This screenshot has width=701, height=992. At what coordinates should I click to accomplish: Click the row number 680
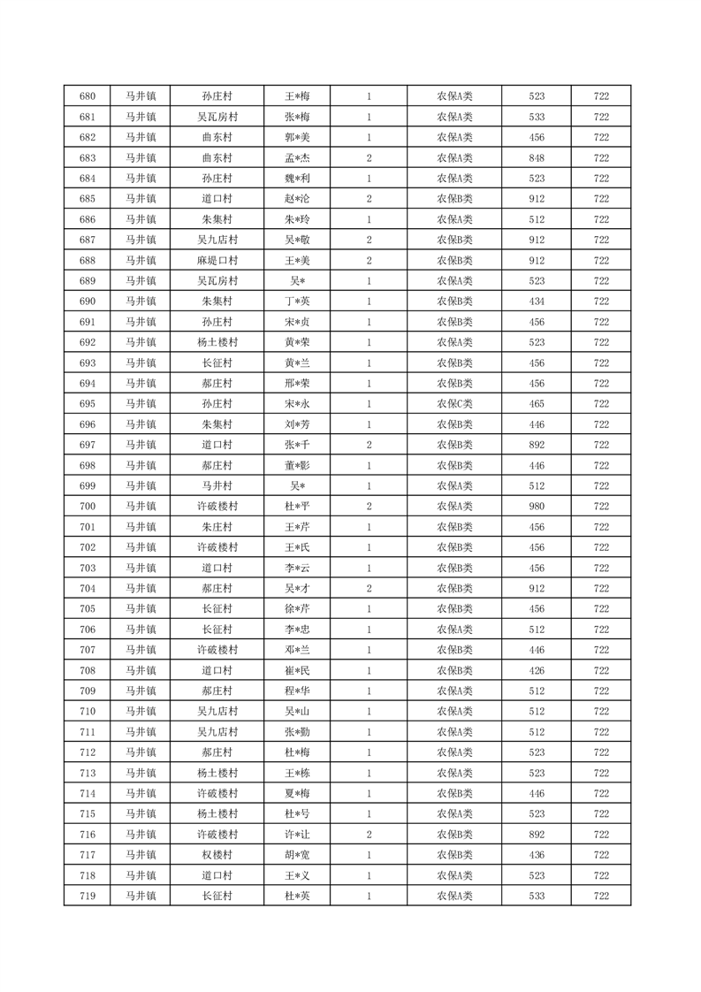tap(87, 96)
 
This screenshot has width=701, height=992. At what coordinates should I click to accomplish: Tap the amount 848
tap(536, 158)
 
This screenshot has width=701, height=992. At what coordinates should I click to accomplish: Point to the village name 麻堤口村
tap(217, 261)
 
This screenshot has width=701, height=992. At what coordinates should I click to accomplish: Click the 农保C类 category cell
tap(454, 404)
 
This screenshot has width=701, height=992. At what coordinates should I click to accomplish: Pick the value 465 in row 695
tap(536, 404)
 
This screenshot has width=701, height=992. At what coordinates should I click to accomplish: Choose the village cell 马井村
tap(217, 486)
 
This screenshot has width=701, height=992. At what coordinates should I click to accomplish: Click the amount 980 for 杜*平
tap(536, 507)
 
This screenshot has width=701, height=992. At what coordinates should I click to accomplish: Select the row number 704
tap(87, 589)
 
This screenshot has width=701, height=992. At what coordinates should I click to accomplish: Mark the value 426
tap(536, 670)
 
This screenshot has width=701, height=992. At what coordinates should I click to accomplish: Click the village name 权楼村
tap(217, 855)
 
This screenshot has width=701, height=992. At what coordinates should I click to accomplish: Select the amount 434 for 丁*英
tap(536, 301)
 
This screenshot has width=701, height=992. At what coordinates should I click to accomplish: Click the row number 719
tap(87, 896)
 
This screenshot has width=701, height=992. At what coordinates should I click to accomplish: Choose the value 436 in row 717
tap(536, 855)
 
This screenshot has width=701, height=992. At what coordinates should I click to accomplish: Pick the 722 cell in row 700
tap(601, 507)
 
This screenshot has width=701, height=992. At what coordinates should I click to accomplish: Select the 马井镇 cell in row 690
tap(140, 301)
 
